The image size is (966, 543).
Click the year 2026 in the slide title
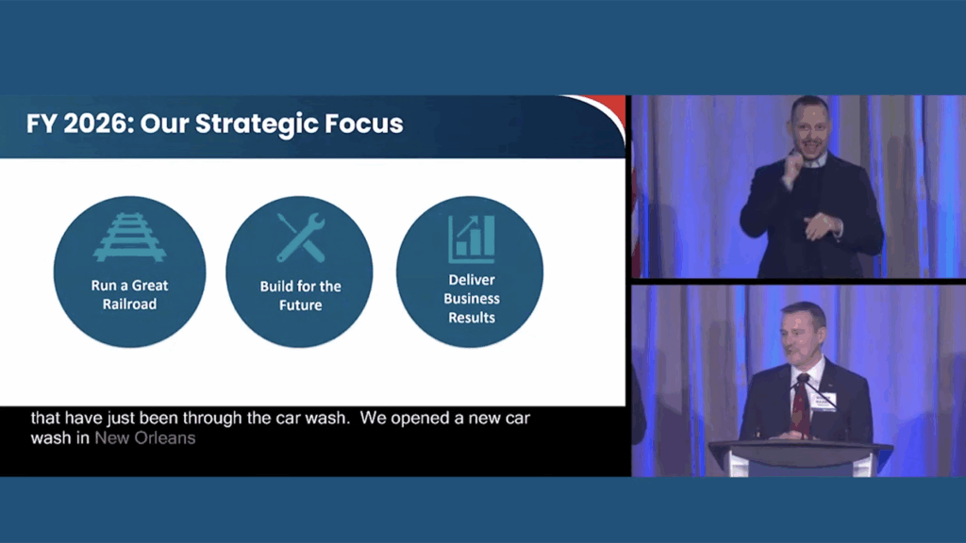click(x=94, y=123)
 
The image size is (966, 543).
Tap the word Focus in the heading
click(x=364, y=123)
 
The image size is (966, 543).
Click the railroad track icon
click(x=130, y=237)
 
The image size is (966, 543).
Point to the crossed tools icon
click(x=301, y=237)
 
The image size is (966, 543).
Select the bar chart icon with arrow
click(x=472, y=239)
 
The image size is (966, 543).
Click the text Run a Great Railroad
click(x=129, y=294)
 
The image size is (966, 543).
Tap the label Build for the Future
click(x=301, y=295)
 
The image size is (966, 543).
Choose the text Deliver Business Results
click(x=472, y=299)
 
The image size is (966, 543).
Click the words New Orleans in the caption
click(x=144, y=438)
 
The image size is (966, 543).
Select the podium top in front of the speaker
click(x=801, y=448)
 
